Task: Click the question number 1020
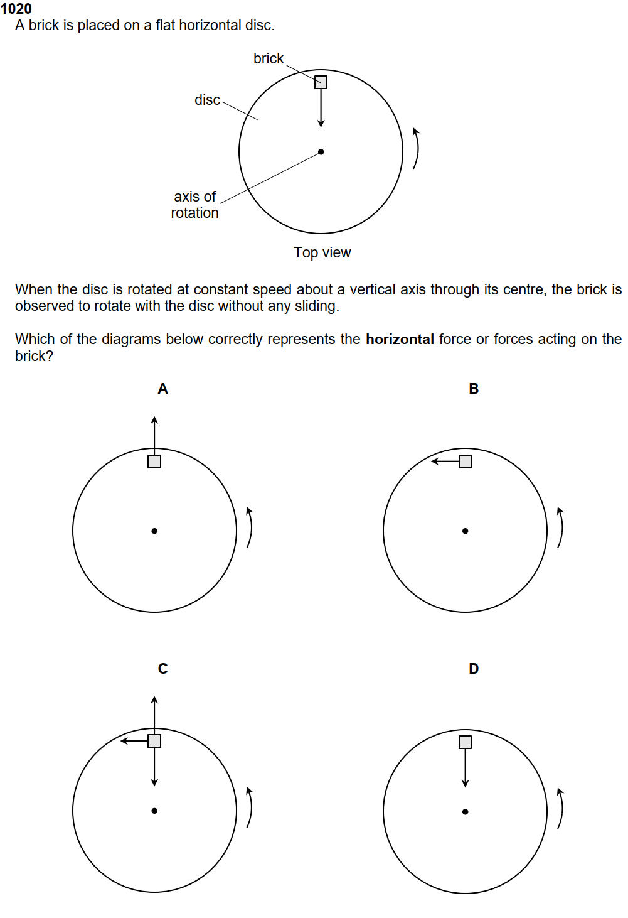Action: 16,9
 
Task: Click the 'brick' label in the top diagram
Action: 269,58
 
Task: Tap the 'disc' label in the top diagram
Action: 207,100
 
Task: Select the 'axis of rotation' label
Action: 195,205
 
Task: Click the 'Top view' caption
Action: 322,252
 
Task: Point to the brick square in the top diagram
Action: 321,82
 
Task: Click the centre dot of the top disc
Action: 321,152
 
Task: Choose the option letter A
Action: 162,389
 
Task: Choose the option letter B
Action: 474,389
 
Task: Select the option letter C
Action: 162,669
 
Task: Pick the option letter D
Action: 474,669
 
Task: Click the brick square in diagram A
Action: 154,462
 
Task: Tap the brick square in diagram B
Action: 465,462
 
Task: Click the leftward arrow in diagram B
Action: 445,462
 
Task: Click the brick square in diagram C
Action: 154,741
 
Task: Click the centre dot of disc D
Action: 465,812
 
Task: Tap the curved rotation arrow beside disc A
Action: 250,527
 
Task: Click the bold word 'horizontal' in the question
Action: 400,339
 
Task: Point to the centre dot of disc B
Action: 465,531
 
